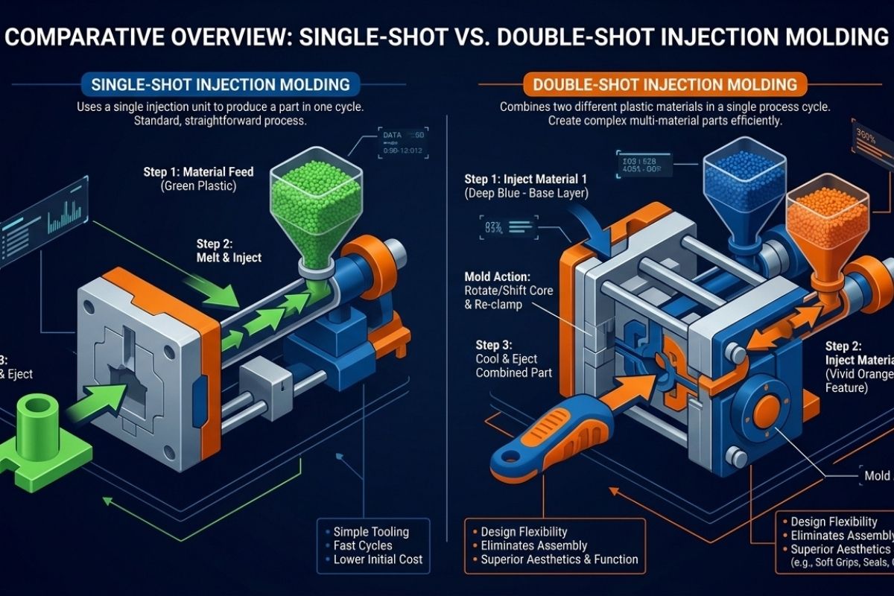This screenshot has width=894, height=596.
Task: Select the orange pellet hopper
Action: pos(828,216)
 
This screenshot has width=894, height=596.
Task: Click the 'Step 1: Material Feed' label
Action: pos(198,172)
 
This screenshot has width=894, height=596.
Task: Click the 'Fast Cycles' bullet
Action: pos(364,545)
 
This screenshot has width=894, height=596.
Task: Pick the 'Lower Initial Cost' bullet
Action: pos(378,559)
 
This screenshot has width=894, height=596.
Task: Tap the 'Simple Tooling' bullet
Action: pos(371,531)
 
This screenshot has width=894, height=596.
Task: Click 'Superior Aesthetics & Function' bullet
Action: pos(559,559)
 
